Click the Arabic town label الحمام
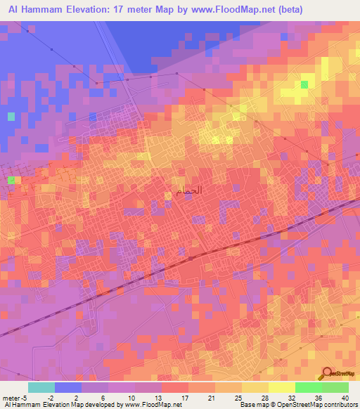(x=184, y=190)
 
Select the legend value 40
(x=345, y=397)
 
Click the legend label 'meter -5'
(x=14, y=397)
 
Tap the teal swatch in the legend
(x=41, y=387)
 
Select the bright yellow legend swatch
(x=281, y=387)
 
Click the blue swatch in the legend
(x=67, y=387)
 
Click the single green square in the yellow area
(x=304, y=84)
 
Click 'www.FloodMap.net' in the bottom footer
(x=147, y=405)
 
